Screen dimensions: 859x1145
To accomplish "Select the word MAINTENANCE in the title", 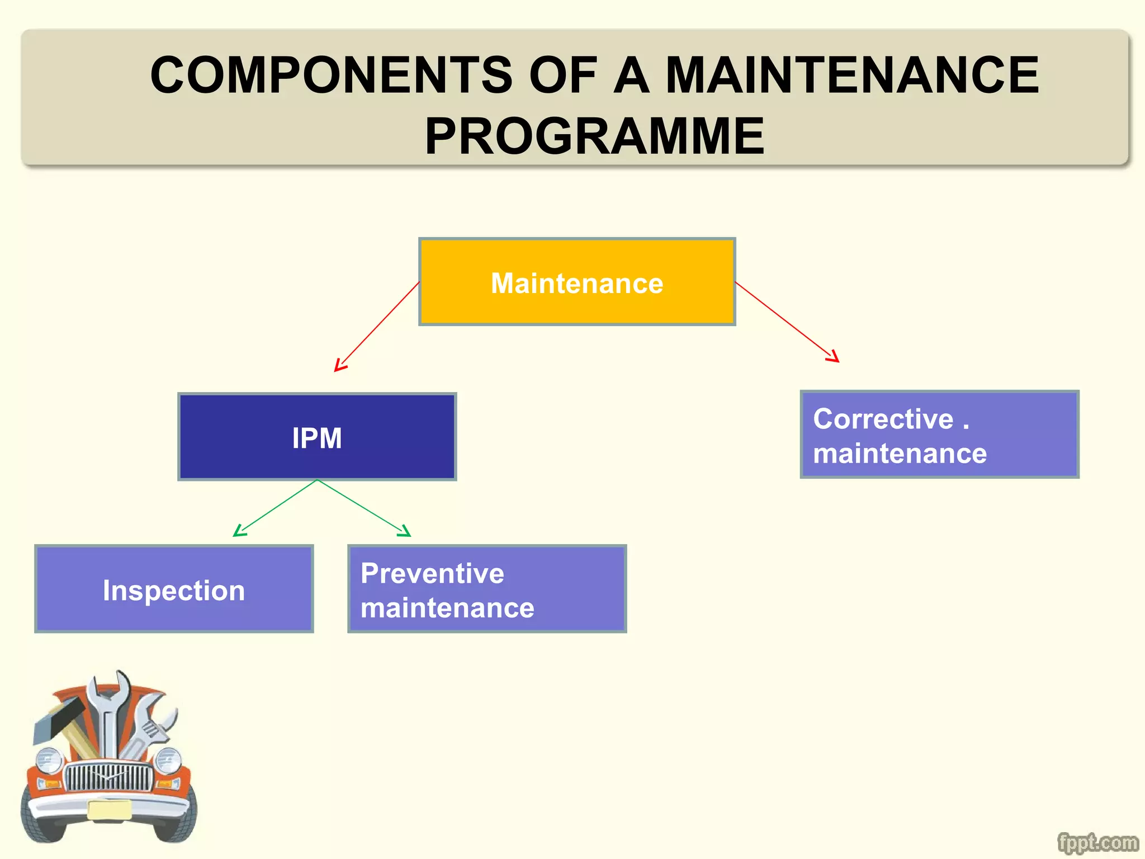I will coord(852,75).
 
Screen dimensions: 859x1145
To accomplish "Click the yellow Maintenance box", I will coord(577,282).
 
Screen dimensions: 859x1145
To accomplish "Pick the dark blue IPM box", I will coord(317,437).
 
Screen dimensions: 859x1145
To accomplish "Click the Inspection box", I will coord(174,589).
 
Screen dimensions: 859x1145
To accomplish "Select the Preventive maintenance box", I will coord(487,589).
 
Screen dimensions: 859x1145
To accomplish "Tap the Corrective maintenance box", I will coord(939,435).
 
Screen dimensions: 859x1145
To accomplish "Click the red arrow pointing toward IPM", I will coord(376,328).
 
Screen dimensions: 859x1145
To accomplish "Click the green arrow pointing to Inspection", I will coord(274,508).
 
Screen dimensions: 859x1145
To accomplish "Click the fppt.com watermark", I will coord(1097,842).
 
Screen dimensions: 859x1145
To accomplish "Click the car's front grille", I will coord(109,777).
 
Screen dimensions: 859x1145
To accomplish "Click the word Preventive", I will coord(432,573).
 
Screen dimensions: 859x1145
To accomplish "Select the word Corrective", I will coord(883,419).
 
